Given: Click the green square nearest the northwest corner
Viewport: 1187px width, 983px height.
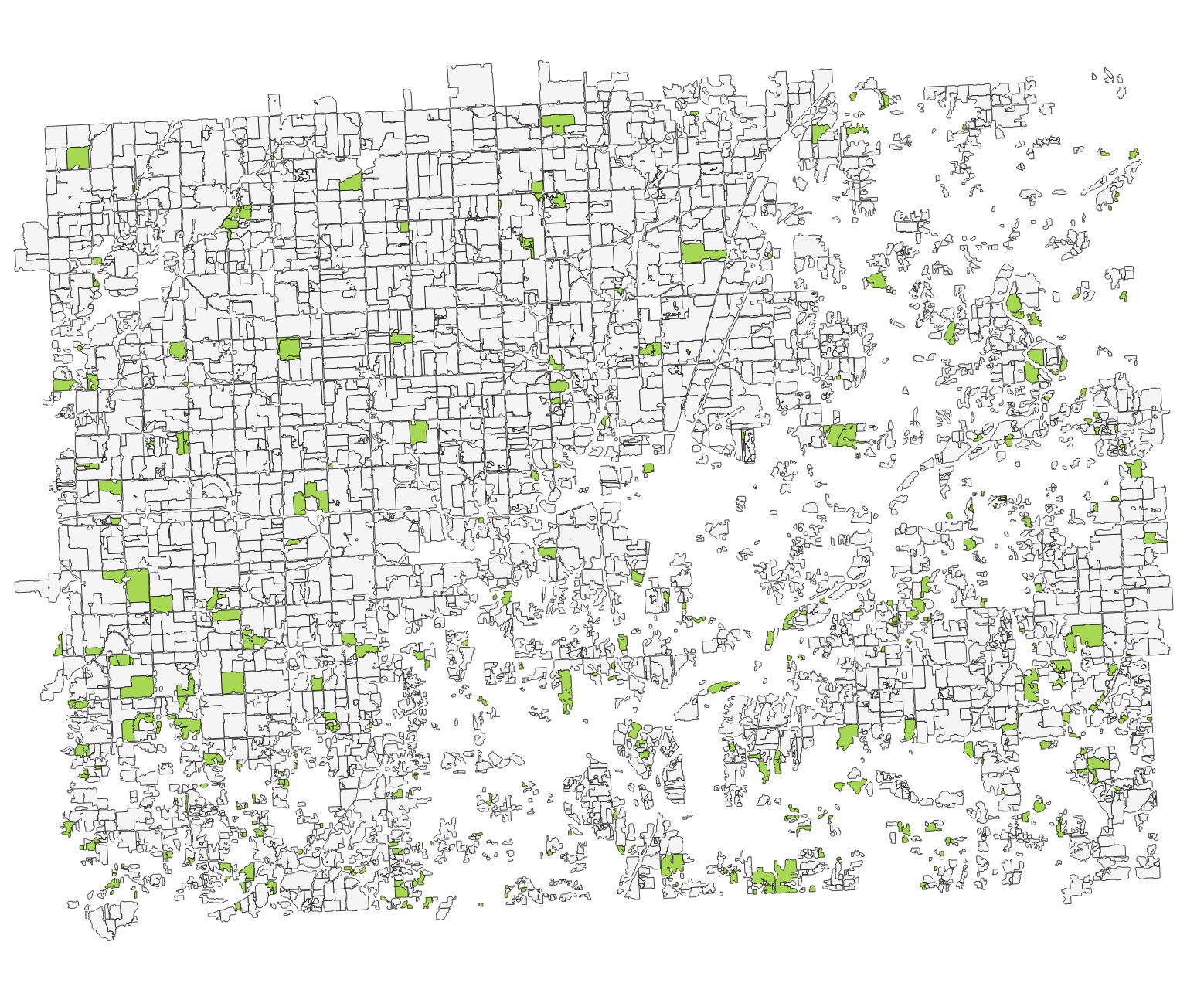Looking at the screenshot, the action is click(78, 158).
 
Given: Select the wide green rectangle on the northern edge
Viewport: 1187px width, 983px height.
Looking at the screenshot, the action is click(557, 121).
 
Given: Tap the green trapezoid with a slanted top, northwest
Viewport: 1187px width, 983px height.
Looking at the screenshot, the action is click(352, 183).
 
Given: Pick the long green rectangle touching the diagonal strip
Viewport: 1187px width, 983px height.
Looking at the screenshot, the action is click(702, 253).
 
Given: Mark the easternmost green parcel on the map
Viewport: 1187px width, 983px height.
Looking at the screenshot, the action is click(1155, 538).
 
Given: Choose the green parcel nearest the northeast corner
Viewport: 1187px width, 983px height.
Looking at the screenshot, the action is click(1134, 152).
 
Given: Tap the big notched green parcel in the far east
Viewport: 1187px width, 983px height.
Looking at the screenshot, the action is click(1087, 637).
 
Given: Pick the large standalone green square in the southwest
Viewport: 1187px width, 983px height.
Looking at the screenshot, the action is click(232, 682).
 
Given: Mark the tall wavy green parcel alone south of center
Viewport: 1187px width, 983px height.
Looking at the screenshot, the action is click(566, 690).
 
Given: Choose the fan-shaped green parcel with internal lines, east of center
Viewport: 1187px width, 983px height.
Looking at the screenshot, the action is click(842, 436).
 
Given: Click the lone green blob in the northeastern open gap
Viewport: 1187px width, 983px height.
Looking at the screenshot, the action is click(876, 281).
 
